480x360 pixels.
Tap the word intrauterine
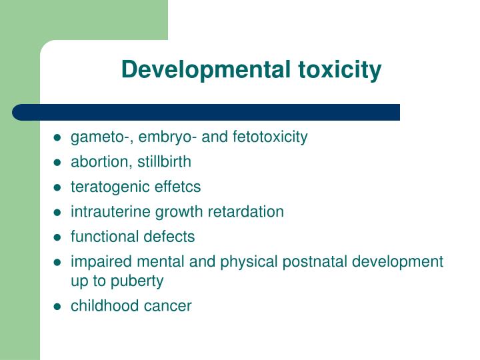pyautogui.click(x=111, y=212)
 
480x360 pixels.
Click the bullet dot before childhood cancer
pyautogui.click(x=58, y=307)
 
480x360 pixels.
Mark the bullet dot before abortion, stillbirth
pyautogui.click(x=58, y=163)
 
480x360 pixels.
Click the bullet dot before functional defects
pyautogui.click(x=58, y=237)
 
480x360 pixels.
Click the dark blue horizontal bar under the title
pyautogui.click(x=207, y=112)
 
